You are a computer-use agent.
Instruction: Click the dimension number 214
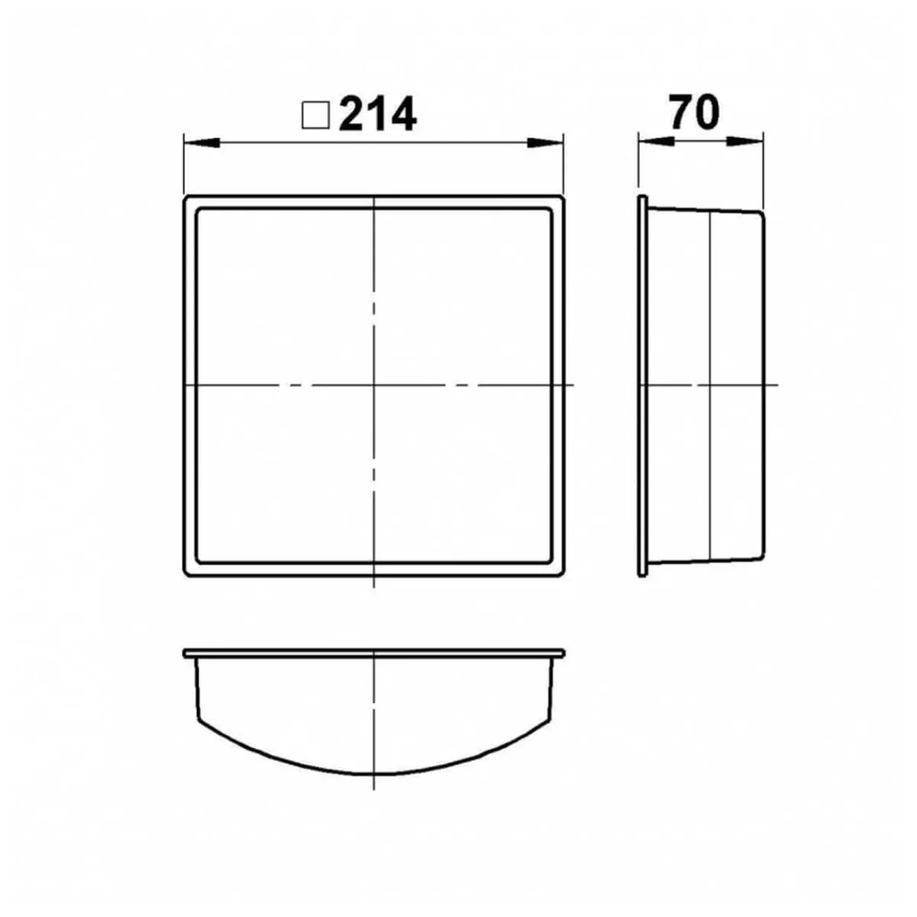coord(377,114)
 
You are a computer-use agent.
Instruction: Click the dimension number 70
coord(695,112)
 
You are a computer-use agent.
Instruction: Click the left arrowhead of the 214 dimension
coord(202,142)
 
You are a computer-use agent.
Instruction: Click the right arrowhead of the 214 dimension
coord(546,142)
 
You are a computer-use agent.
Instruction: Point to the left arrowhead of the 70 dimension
coord(656,141)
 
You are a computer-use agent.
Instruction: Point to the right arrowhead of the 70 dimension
coord(745,141)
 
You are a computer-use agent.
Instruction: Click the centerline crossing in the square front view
coord(374,384)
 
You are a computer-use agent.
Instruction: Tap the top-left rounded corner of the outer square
coord(186,198)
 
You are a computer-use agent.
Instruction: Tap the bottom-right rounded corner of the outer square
coord(562,574)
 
